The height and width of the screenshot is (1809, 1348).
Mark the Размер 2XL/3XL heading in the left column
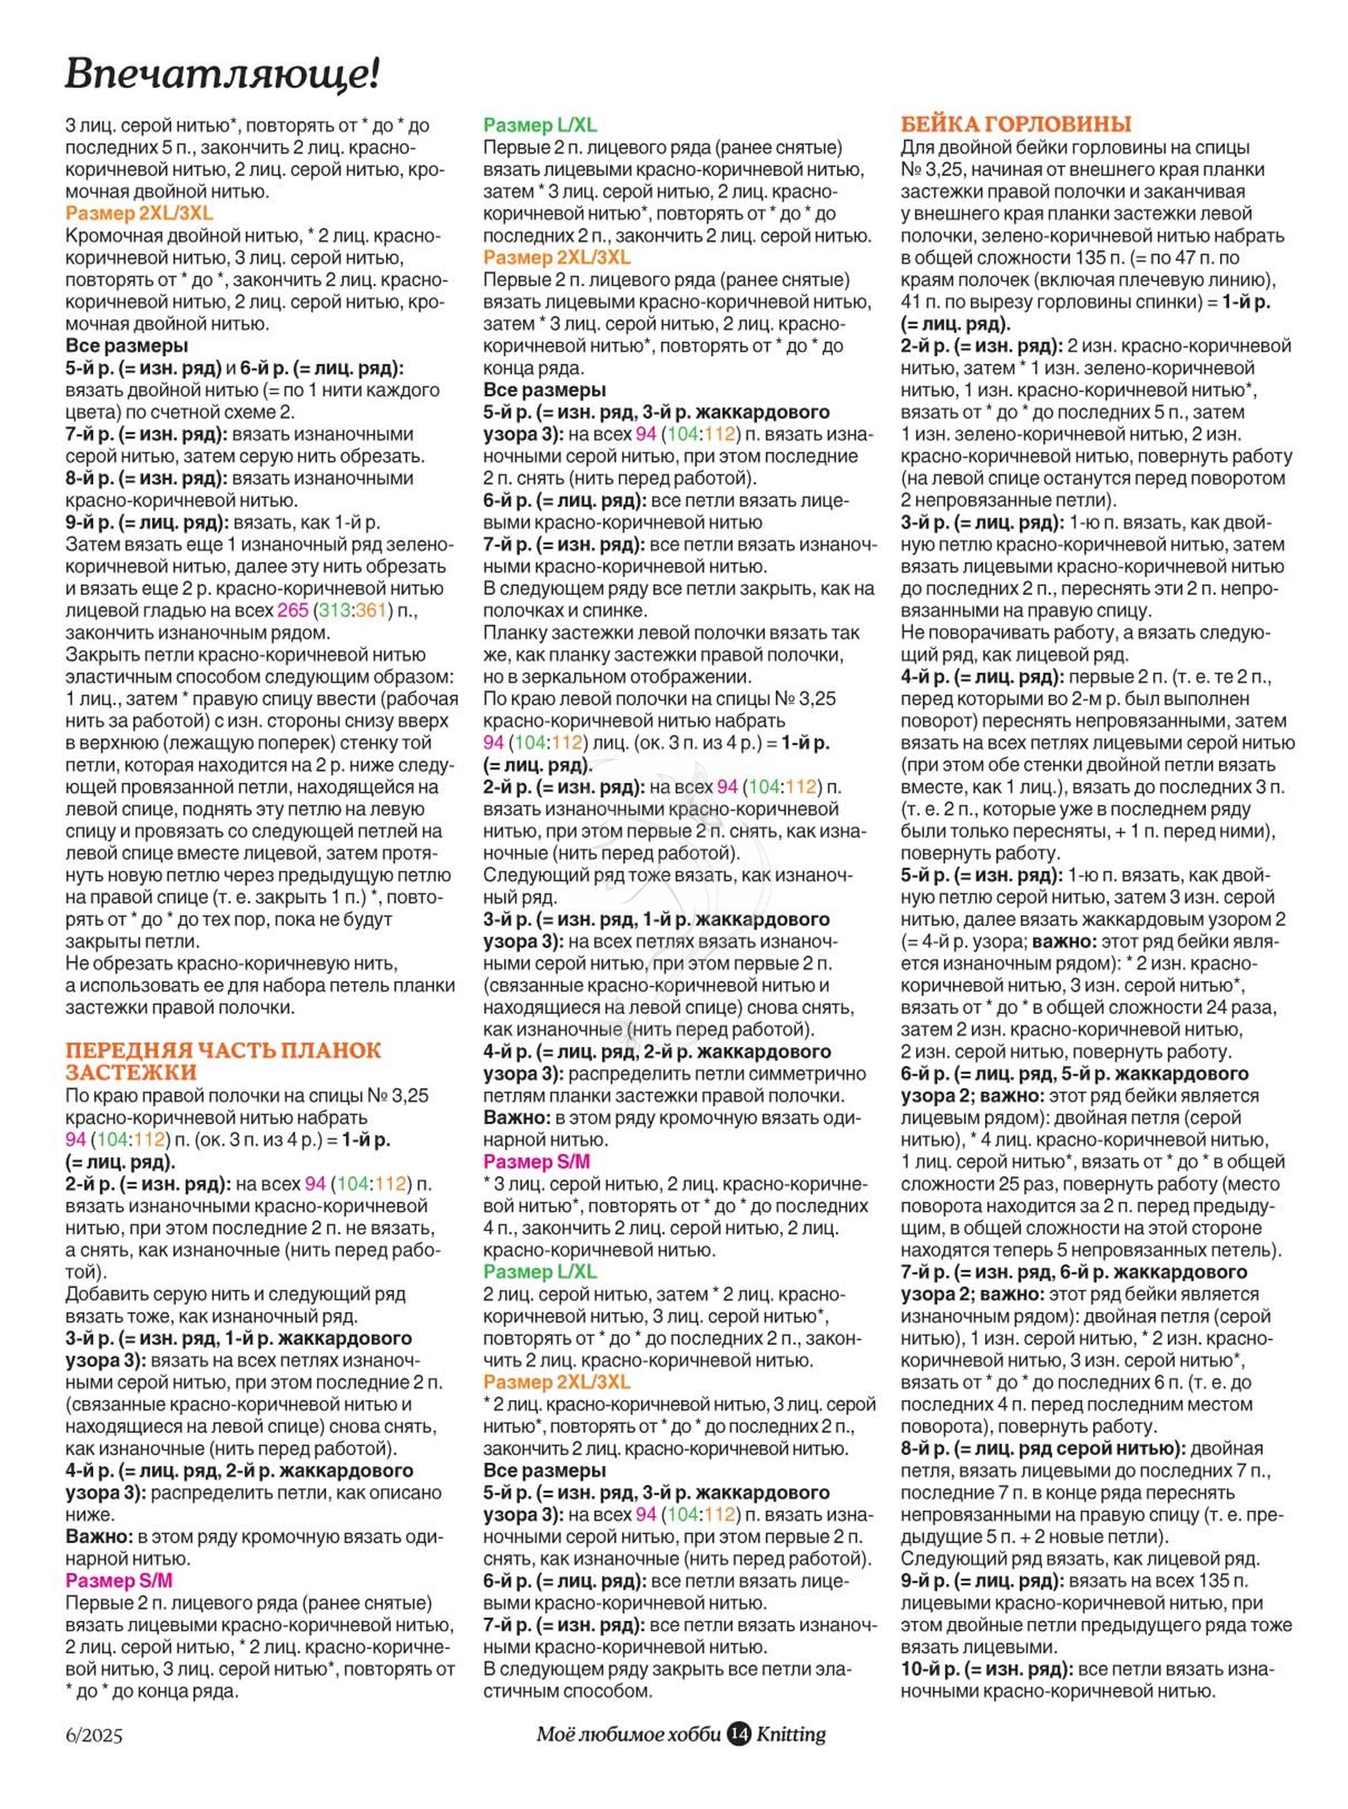tap(139, 213)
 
